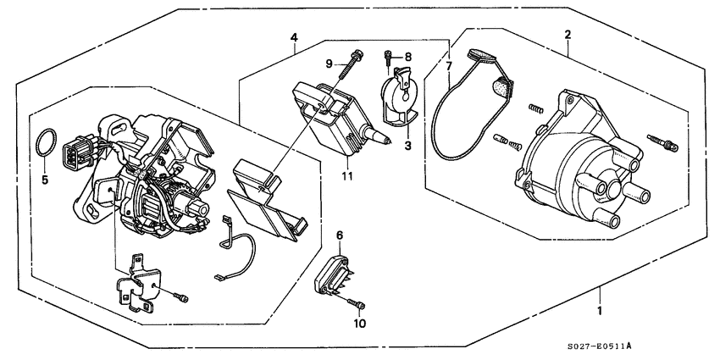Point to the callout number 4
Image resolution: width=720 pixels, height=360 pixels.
click(x=293, y=37)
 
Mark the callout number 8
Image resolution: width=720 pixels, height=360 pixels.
click(x=407, y=57)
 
